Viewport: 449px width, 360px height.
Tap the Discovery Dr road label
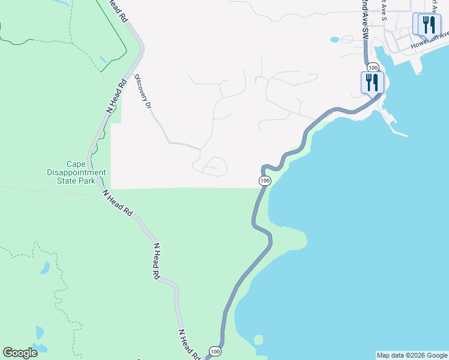coord(142,91)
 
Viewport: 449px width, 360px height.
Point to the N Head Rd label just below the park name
coord(117,203)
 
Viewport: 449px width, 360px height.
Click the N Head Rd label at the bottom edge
coord(190,344)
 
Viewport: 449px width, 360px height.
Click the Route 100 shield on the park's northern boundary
coord(265,181)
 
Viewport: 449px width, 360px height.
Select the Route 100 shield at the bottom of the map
coord(214,351)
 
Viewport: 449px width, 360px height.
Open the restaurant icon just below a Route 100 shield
coord(372,82)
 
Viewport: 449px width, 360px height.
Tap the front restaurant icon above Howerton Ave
coord(429,25)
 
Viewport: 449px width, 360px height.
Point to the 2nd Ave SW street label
coord(364,21)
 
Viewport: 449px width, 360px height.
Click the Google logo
coord(20,353)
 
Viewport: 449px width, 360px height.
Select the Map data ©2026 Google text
coord(412,355)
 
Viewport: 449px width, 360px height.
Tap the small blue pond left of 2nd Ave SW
coord(334,40)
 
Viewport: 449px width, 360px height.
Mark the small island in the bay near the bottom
coord(258,340)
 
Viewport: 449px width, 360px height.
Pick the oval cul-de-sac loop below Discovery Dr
coord(214,166)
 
